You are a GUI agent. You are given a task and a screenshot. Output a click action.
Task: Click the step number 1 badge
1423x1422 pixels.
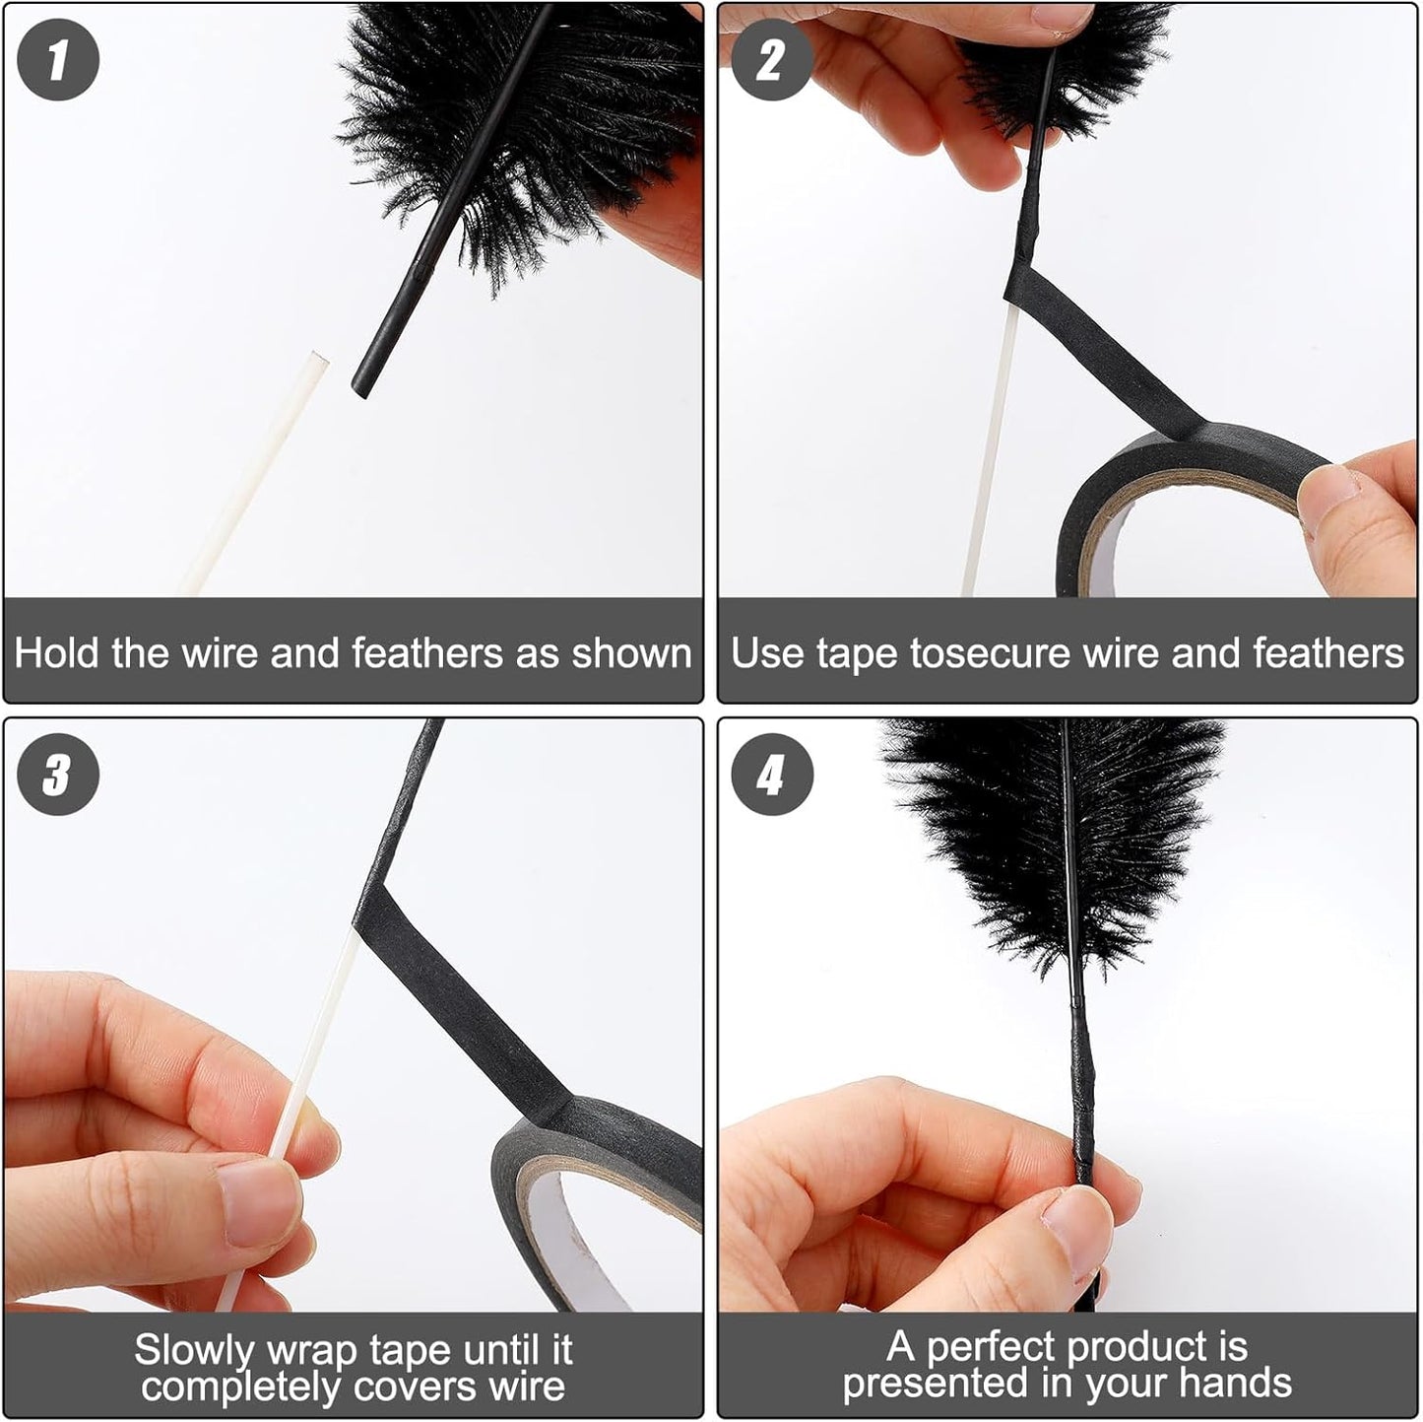[x=58, y=59]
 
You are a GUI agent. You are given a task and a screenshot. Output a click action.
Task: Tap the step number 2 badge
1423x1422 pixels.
[x=772, y=59]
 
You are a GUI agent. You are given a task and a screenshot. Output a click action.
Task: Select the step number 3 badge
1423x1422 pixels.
[x=58, y=774]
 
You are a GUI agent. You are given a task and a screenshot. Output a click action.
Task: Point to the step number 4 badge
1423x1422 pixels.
[x=772, y=774]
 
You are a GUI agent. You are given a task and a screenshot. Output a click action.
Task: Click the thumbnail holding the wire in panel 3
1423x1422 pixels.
[x=258, y=1202]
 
